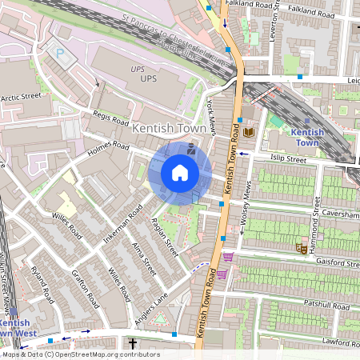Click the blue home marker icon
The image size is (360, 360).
click(x=180, y=173)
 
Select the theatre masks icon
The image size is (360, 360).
click(x=302, y=249)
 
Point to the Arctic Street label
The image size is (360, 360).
click(x=20, y=97)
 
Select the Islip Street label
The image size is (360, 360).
click(x=289, y=159)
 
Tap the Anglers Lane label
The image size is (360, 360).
click(x=152, y=306)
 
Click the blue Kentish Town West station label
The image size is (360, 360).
click(x=19, y=327)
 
